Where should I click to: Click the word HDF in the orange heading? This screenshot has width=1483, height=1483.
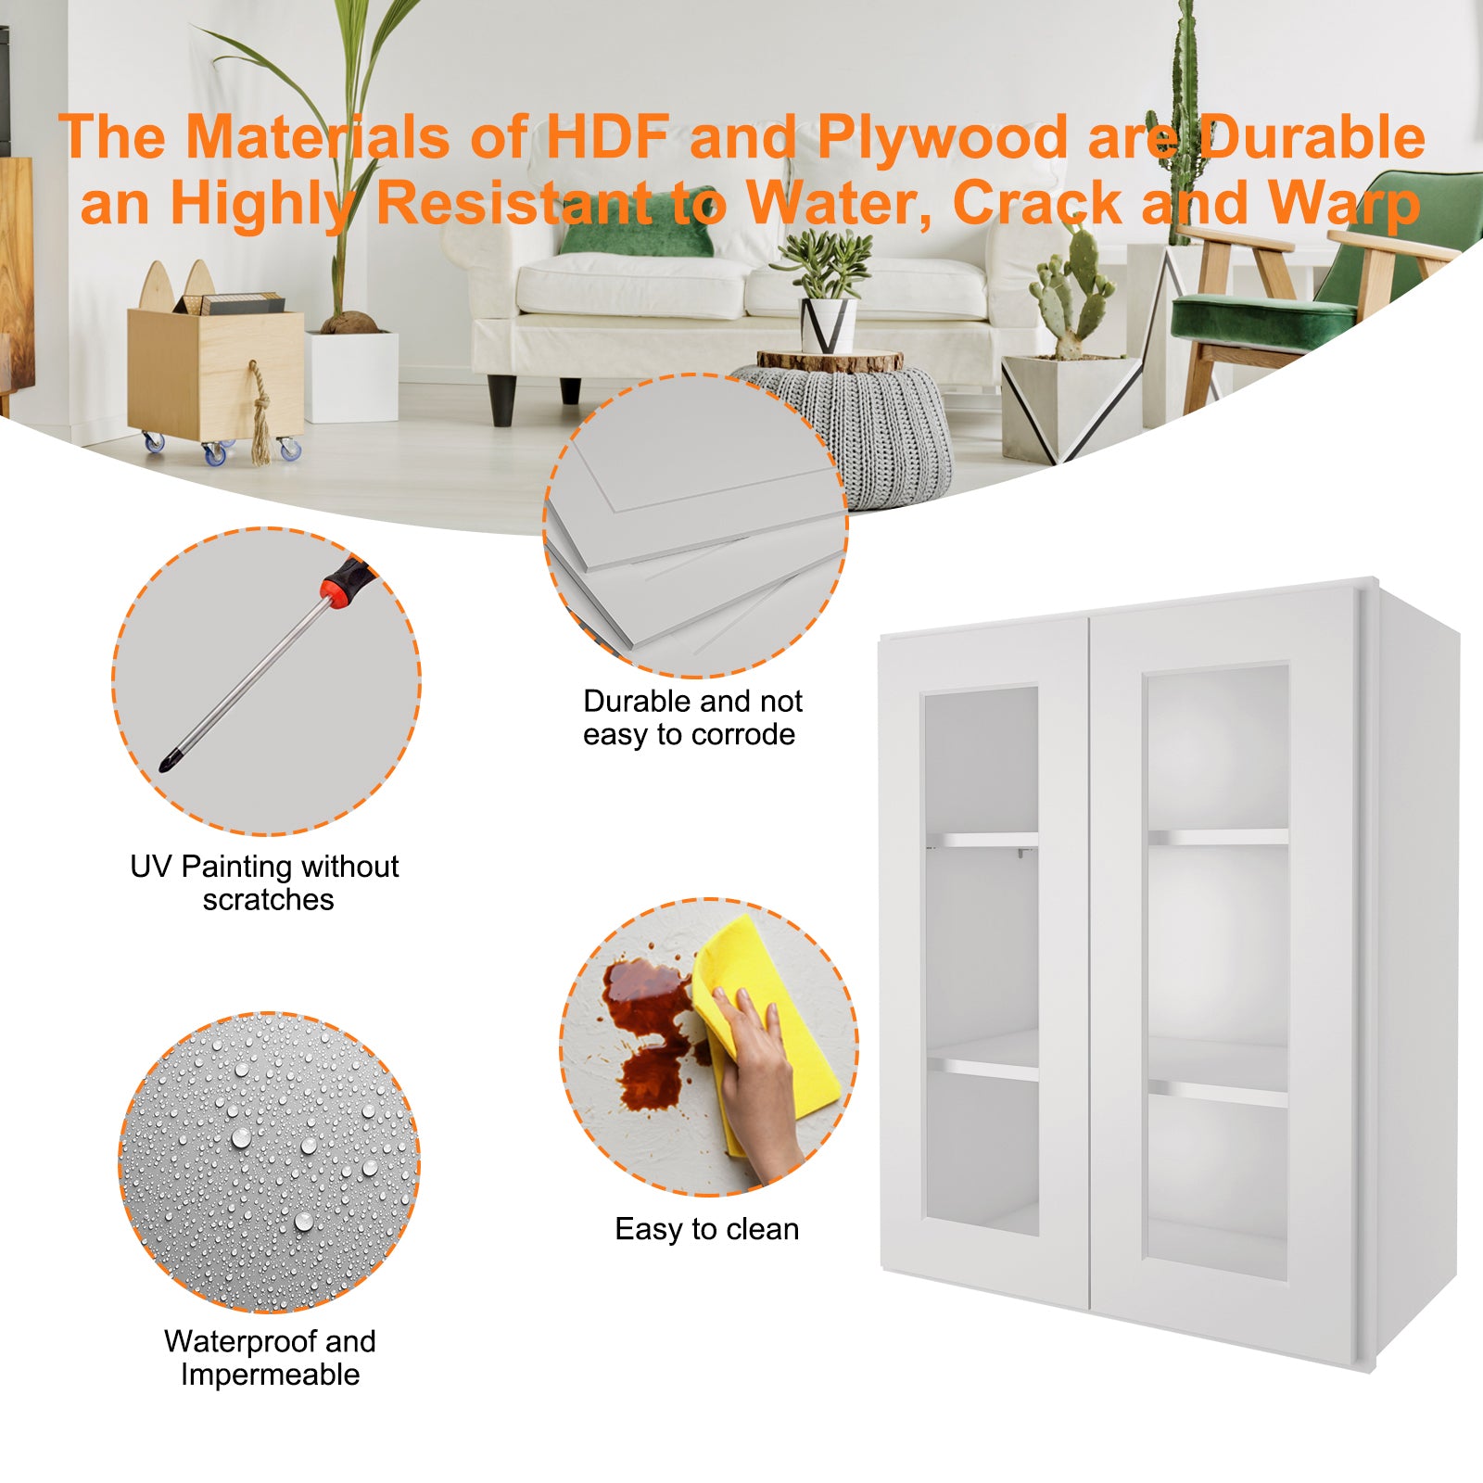pyautogui.click(x=606, y=137)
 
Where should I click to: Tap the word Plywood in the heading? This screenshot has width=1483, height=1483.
pyautogui.click(x=943, y=137)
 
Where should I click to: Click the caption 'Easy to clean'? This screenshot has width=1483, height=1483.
pyautogui.click(x=706, y=1229)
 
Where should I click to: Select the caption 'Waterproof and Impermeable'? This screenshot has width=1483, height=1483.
pyautogui.click(x=270, y=1357)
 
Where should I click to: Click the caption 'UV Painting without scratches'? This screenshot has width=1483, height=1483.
pyautogui.click(x=265, y=882)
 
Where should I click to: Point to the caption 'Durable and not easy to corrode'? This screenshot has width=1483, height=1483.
pyautogui.click(x=691, y=717)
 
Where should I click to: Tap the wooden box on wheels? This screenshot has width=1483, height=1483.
pyautogui.click(x=215, y=371)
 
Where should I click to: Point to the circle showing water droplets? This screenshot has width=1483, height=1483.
pyautogui.click(x=269, y=1162)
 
